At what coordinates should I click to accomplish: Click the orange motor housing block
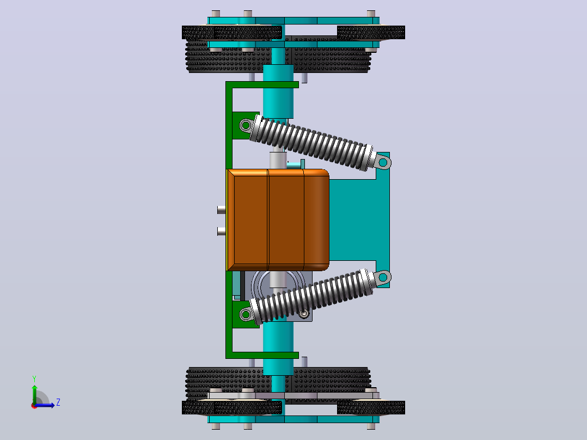tap(278, 220)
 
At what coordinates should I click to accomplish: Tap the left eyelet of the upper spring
tap(246, 125)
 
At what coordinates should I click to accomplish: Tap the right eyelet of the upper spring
tap(383, 162)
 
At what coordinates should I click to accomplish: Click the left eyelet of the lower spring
tap(246, 314)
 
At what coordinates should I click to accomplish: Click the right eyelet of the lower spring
tap(383, 278)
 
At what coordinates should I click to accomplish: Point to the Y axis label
tap(34, 379)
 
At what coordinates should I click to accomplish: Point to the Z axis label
tap(58, 402)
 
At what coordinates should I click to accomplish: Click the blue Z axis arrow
tap(44, 405)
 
